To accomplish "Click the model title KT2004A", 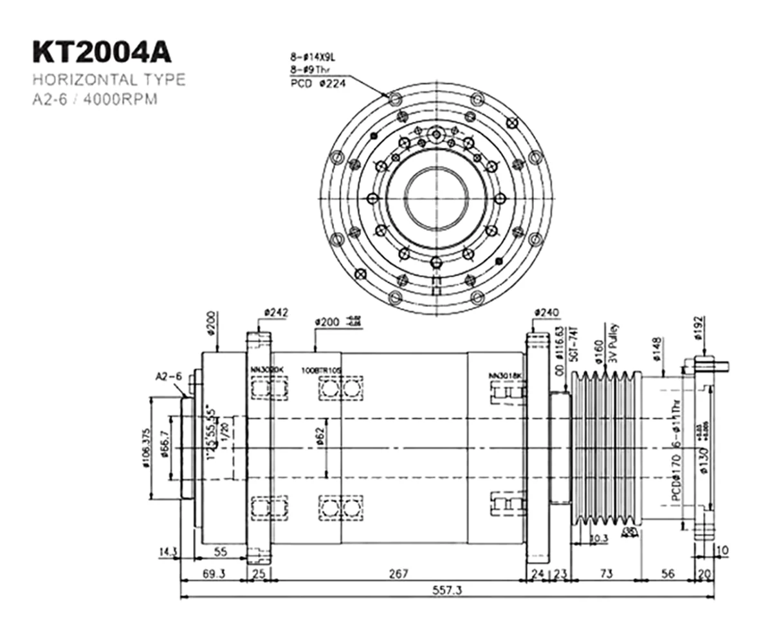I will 102,53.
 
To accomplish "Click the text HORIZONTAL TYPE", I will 109,80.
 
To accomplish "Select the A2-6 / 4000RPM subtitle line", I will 95,100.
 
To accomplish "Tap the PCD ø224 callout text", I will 318,84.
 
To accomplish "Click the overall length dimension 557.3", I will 449,590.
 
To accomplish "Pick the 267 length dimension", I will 399,573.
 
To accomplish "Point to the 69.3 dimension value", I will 214,573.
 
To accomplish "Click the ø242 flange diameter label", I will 276,313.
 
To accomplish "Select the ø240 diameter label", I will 546,313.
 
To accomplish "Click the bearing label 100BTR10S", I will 322,371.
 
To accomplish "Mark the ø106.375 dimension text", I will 147,449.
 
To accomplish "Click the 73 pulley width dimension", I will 605,573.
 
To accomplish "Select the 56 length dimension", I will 668,573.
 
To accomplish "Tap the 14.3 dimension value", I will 168,552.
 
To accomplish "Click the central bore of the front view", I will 437,198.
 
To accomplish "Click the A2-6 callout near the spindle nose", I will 169,376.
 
